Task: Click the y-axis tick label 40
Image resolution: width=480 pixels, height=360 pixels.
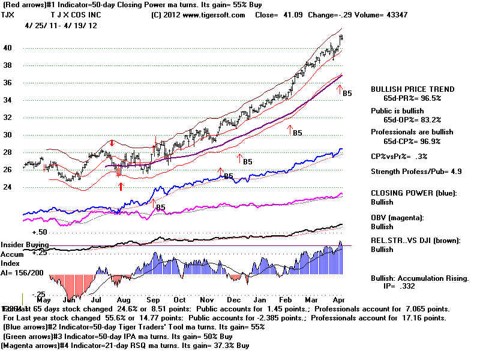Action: click(8, 48)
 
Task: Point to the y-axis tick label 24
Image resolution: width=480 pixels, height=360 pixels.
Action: click(8, 187)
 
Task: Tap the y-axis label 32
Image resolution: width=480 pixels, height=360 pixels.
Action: click(8, 118)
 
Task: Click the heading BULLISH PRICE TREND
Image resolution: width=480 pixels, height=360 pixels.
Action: click(413, 89)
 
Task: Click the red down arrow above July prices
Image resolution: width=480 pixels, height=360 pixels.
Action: click(112, 143)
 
